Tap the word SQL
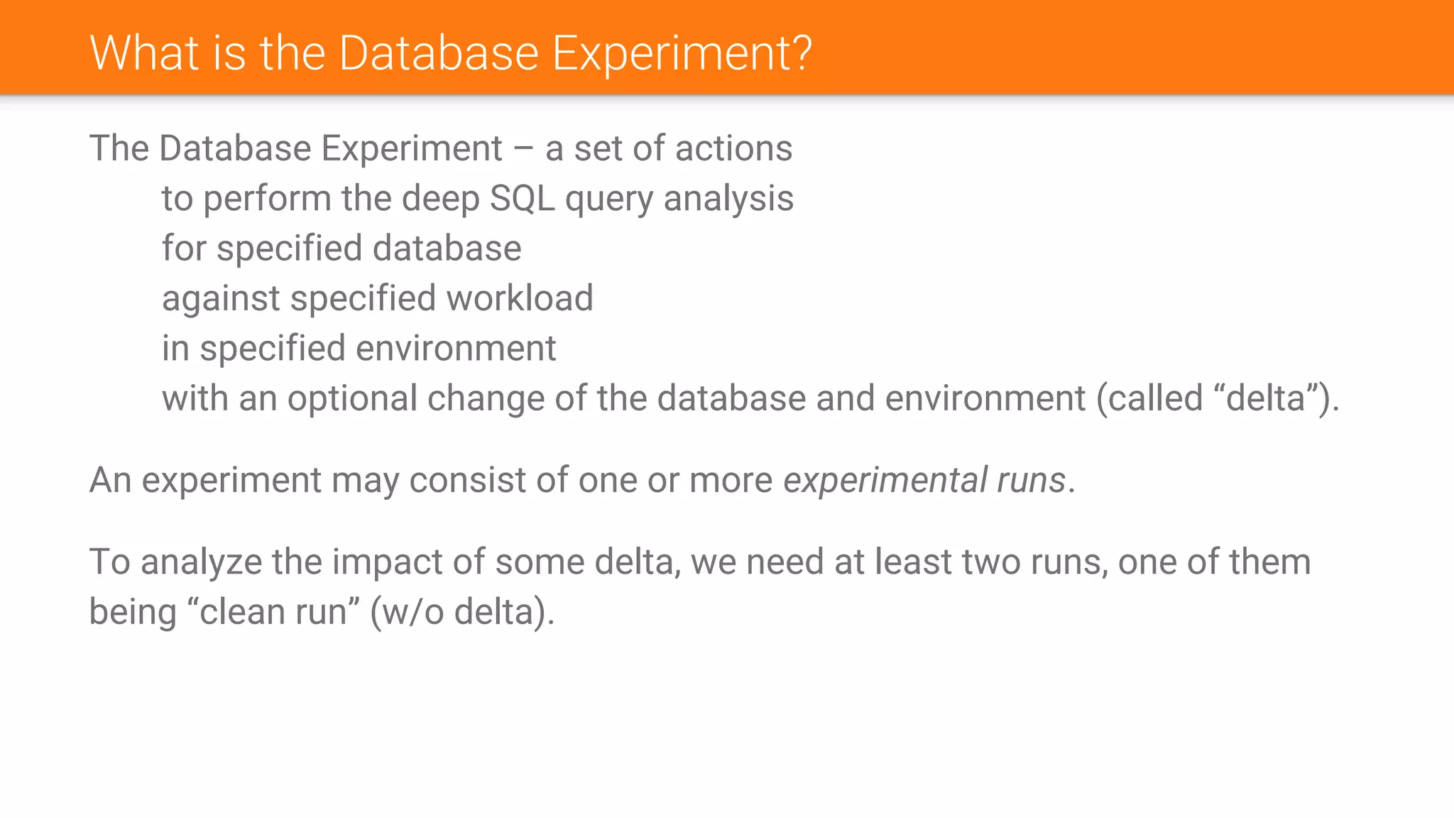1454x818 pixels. pyautogui.click(x=522, y=198)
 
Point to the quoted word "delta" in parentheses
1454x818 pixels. pyautogui.click(x=1266, y=398)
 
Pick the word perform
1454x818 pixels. pyautogui.click(x=267, y=200)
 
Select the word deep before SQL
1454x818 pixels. pyautogui.click(x=440, y=200)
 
